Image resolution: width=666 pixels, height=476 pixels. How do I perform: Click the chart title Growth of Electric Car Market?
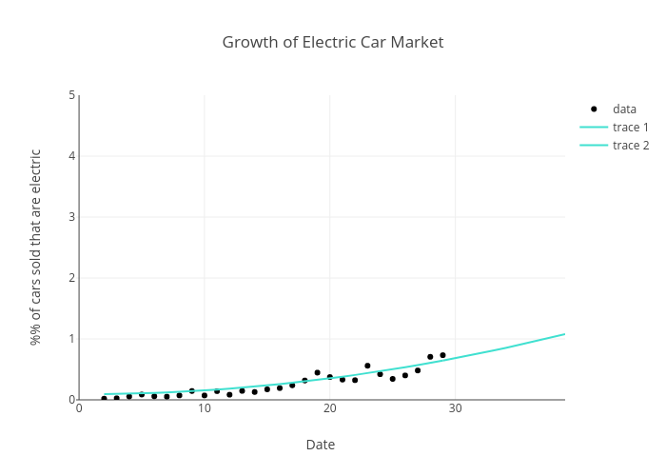pyautogui.click(x=332, y=42)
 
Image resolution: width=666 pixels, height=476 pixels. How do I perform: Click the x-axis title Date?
pyautogui.click(x=320, y=445)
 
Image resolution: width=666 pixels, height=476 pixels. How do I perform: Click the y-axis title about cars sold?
pyautogui.click(x=36, y=247)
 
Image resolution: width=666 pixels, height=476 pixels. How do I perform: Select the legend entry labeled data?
pyautogui.click(x=624, y=109)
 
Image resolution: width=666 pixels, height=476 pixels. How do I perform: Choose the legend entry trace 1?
pyautogui.click(x=630, y=127)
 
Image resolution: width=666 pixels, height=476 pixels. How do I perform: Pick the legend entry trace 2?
pyautogui.click(x=630, y=145)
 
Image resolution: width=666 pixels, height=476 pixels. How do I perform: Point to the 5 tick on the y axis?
pyautogui.click(x=71, y=95)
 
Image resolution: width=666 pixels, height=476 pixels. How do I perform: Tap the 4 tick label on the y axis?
pyautogui.click(x=71, y=156)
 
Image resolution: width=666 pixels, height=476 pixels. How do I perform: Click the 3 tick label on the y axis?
pyautogui.click(x=71, y=217)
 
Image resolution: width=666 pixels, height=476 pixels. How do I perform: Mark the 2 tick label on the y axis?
pyautogui.click(x=71, y=278)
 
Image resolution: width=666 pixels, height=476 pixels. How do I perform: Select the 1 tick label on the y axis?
pyautogui.click(x=71, y=339)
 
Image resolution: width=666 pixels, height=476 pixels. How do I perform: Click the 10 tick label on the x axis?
pyautogui.click(x=205, y=408)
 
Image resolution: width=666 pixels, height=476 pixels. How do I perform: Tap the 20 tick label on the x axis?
pyautogui.click(x=330, y=408)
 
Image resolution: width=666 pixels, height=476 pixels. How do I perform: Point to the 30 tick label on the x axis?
pyautogui.click(x=456, y=408)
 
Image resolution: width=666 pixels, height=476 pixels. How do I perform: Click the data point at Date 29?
pyautogui.click(x=442, y=355)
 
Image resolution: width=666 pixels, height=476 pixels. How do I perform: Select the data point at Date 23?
pyautogui.click(x=367, y=366)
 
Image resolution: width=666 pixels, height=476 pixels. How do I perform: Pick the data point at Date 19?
pyautogui.click(x=317, y=372)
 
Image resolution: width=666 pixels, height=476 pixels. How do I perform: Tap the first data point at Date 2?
pyautogui.click(x=104, y=398)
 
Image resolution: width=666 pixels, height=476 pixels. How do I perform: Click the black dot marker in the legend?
pyautogui.click(x=594, y=109)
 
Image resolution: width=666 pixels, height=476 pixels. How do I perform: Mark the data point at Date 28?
pyautogui.click(x=430, y=357)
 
